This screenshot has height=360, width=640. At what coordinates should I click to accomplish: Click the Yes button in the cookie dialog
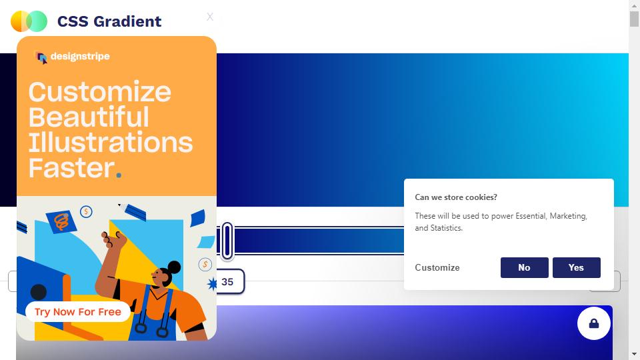[576, 267]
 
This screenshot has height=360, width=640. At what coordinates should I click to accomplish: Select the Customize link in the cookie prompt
[437, 267]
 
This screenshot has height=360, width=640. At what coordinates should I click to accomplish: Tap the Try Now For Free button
[78, 312]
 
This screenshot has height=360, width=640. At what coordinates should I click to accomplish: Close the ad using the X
[210, 17]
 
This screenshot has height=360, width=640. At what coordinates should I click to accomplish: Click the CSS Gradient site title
[109, 21]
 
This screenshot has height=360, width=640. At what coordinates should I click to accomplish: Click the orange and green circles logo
[29, 21]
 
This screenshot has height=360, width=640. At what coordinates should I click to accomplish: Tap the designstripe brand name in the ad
[80, 56]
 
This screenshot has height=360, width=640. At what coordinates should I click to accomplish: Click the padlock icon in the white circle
[594, 324]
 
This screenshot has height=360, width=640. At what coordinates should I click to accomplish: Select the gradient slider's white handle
[227, 241]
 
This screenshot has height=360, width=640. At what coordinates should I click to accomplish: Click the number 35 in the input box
[227, 281]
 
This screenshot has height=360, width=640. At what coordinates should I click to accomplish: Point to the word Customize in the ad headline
[99, 92]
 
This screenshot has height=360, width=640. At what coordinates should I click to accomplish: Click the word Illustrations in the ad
[110, 143]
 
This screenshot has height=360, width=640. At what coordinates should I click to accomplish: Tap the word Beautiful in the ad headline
[89, 117]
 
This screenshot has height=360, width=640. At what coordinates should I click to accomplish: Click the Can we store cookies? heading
[456, 197]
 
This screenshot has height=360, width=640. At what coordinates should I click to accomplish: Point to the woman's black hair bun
[174, 267]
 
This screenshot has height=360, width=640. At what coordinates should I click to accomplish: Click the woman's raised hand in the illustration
[113, 239]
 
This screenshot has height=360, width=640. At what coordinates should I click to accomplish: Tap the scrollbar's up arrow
[634, 5]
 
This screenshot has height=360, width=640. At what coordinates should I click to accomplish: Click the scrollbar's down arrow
[634, 354]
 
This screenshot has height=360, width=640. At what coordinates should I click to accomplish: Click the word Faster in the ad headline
[72, 168]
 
